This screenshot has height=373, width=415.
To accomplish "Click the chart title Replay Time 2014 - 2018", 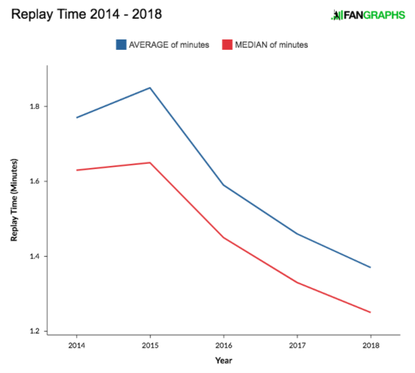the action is pyautogui.click(x=86, y=15).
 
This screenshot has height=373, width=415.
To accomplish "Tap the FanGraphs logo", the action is pyautogui.click(x=368, y=15).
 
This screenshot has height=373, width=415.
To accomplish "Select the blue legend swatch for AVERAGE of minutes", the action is pyautogui.click(x=121, y=44).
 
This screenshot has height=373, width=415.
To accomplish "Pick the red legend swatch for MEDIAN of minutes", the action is pyautogui.click(x=227, y=44).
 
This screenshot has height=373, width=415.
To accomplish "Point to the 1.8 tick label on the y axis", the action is pyautogui.click(x=35, y=107).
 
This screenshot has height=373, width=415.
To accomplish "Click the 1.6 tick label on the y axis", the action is pyautogui.click(x=35, y=181).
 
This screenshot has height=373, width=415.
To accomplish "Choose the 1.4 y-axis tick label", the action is pyautogui.click(x=35, y=256).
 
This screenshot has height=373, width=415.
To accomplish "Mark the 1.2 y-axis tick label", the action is pyautogui.click(x=35, y=331).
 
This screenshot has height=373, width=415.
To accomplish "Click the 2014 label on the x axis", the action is pyautogui.click(x=77, y=345).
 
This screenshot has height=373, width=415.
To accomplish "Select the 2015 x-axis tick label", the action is pyautogui.click(x=150, y=345).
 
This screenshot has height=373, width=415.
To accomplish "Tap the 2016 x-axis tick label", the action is pyautogui.click(x=224, y=345).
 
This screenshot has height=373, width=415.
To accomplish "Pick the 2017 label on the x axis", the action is pyautogui.click(x=297, y=345).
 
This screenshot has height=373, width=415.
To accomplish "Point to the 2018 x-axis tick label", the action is pyautogui.click(x=371, y=345).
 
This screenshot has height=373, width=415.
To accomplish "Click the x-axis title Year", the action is pyautogui.click(x=223, y=361).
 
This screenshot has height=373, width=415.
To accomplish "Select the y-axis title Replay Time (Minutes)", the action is pyautogui.click(x=14, y=200).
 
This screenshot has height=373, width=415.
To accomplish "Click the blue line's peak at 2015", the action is pyautogui.click(x=150, y=88).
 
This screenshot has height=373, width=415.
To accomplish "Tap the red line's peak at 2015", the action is pyautogui.click(x=150, y=163).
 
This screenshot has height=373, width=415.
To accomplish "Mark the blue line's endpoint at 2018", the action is pyautogui.click(x=370, y=267).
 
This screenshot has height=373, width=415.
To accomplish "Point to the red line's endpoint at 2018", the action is pyautogui.click(x=370, y=312).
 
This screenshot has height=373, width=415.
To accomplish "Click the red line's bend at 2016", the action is pyautogui.click(x=223, y=237).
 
